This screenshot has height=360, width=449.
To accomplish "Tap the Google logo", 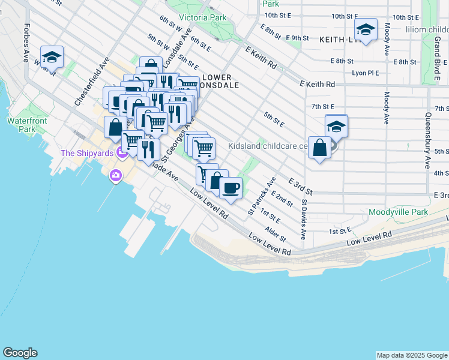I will pos(20,353).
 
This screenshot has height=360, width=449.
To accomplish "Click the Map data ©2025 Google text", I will pos(412,355).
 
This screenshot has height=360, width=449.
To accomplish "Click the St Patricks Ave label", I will pos(262,196).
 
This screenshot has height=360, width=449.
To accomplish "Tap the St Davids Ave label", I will pos(304,219).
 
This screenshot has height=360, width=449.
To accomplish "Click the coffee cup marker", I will pos(231,188).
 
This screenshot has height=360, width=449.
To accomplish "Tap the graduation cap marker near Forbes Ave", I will pos(52,57).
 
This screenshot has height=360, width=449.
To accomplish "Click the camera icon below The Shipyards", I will pos(115,176).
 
